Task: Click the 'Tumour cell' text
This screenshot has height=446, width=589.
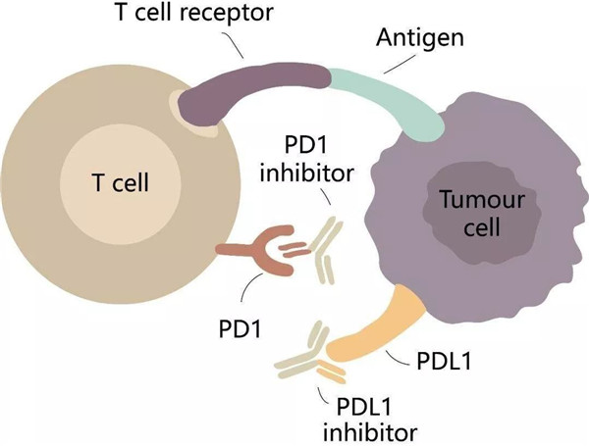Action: [x=468, y=215]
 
